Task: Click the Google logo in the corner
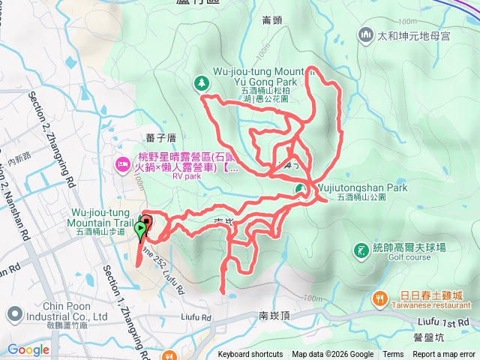pos(28,349)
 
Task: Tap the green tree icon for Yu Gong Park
pos(202,84)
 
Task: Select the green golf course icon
pos(361,250)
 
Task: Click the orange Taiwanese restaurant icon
pos(381,298)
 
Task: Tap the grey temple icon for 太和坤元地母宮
pos(367,34)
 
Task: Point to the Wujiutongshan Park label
pos(362,188)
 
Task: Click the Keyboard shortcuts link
pos(250,355)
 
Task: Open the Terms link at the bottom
pos(393,355)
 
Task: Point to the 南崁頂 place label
pos(274,316)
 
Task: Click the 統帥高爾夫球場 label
pos(410,246)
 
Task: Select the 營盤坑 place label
pos(428,337)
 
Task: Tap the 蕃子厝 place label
pos(161,137)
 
